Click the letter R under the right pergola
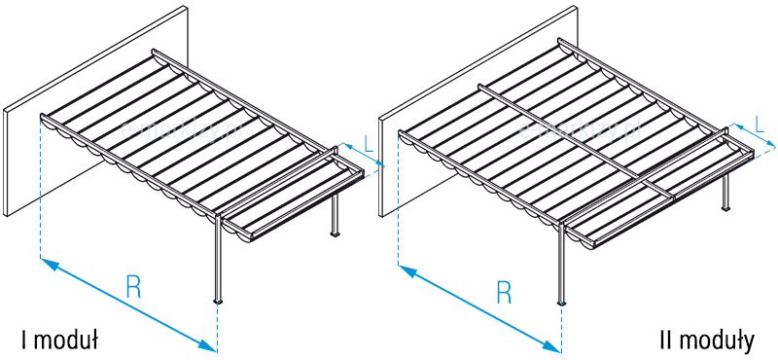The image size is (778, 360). pyautogui.click(x=503, y=291)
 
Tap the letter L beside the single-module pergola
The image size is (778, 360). pyautogui.click(x=367, y=143)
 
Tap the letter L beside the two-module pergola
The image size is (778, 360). pyautogui.click(x=759, y=125)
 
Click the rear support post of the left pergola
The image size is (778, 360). pyautogui.click(x=336, y=209)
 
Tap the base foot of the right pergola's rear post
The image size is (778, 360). pyautogui.click(x=725, y=208)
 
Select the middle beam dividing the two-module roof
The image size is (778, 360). pyautogui.click(x=564, y=136)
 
